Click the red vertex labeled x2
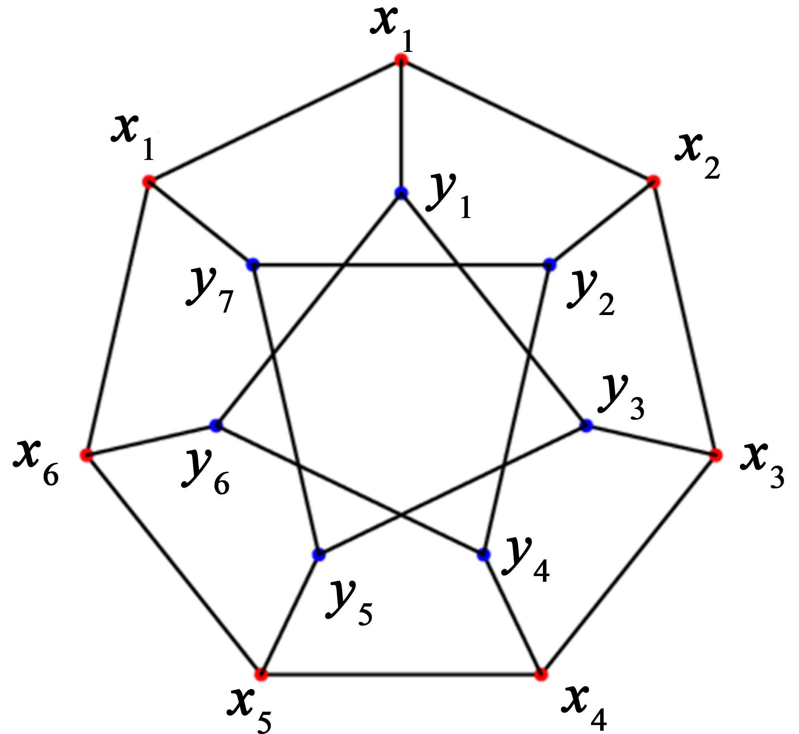[653, 181]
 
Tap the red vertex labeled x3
[716, 455]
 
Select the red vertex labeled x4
[541, 675]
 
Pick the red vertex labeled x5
[261, 675]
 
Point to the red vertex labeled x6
[86, 455]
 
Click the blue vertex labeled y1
[401, 192]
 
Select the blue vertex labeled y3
[586, 425]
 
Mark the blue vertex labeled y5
[319, 555]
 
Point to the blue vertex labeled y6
[216, 425]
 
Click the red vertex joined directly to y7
[149, 181]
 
